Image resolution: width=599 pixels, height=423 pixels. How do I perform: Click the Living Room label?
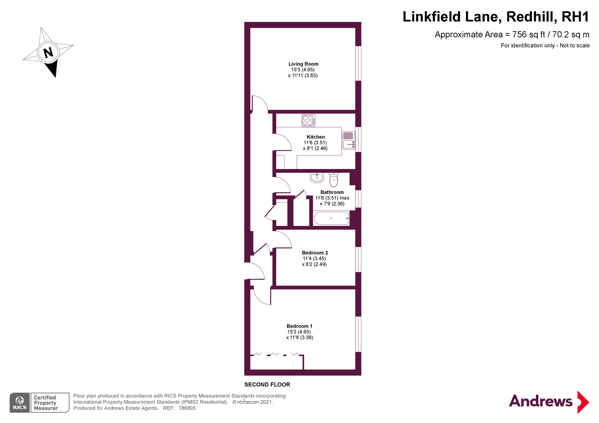click(303, 64)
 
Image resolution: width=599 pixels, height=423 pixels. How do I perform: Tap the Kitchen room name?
click(316, 137)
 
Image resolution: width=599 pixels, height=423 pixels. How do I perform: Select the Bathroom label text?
click(332, 192)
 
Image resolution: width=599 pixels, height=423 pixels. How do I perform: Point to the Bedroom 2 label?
click(315, 253)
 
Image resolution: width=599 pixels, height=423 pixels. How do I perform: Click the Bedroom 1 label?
click(299, 326)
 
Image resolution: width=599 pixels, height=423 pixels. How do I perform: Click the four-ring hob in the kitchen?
click(308, 120)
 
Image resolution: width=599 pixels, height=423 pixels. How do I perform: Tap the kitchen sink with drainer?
click(348, 140)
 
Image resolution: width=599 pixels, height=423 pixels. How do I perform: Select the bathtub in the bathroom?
click(331, 218)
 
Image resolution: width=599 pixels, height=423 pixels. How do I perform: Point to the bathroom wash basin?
click(317, 177)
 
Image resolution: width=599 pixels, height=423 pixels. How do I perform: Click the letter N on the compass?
click(48, 52)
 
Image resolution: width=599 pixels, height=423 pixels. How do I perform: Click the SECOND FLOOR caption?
click(267, 384)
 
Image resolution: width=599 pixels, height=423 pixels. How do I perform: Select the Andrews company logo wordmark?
click(540, 401)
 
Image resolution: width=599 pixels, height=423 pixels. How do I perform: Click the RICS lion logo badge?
click(20, 402)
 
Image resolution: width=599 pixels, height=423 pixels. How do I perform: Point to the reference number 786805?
click(187, 408)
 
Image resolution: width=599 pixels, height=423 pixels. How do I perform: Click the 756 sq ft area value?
click(528, 34)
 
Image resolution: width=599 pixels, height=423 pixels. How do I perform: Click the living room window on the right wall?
click(358, 63)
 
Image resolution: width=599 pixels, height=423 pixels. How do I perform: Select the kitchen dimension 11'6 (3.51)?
click(315, 143)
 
